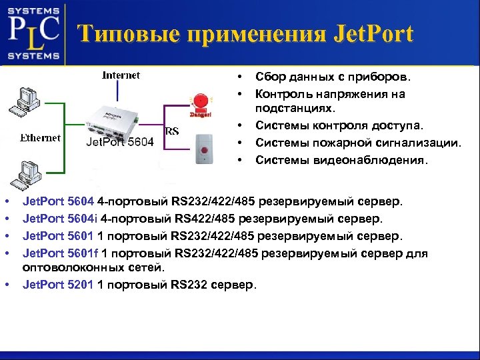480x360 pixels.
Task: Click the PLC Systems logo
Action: point(33,32)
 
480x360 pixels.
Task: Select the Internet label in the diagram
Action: point(121,75)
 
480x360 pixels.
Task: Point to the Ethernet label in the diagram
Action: point(40,138)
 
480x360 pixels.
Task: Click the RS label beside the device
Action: point(171,131)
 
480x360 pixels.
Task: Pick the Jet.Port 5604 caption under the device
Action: point(120,142)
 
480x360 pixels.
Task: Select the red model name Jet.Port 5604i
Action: point(61,218)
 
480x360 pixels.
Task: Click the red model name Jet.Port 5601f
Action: point(61,253)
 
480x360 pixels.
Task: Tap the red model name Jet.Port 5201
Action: point(58,285)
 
